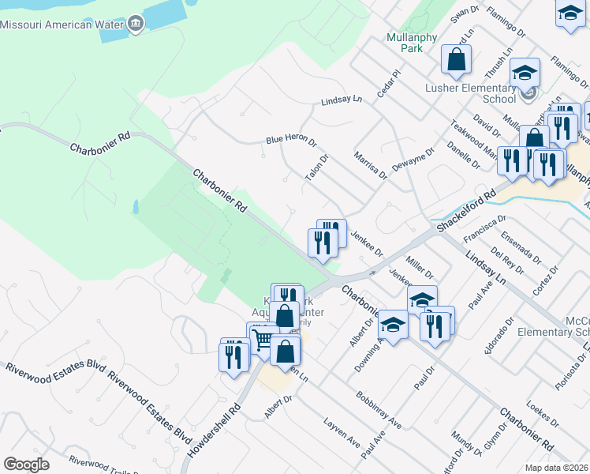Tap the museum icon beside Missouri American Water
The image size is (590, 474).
pos(136,23)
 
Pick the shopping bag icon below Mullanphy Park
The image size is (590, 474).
pos(456,58)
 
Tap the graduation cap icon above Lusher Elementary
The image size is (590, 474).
pos(525,73)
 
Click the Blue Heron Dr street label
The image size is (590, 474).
pos(290,140)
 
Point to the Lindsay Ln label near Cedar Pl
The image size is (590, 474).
pos(341,100)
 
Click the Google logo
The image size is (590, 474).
pos(27,465)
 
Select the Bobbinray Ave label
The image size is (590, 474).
pos(379,410)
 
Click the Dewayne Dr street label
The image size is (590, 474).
pos(413,161)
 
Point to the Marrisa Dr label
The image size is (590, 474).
pos(370,165)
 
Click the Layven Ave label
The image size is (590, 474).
pos(342,433)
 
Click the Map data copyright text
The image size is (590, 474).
pos(557,468)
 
